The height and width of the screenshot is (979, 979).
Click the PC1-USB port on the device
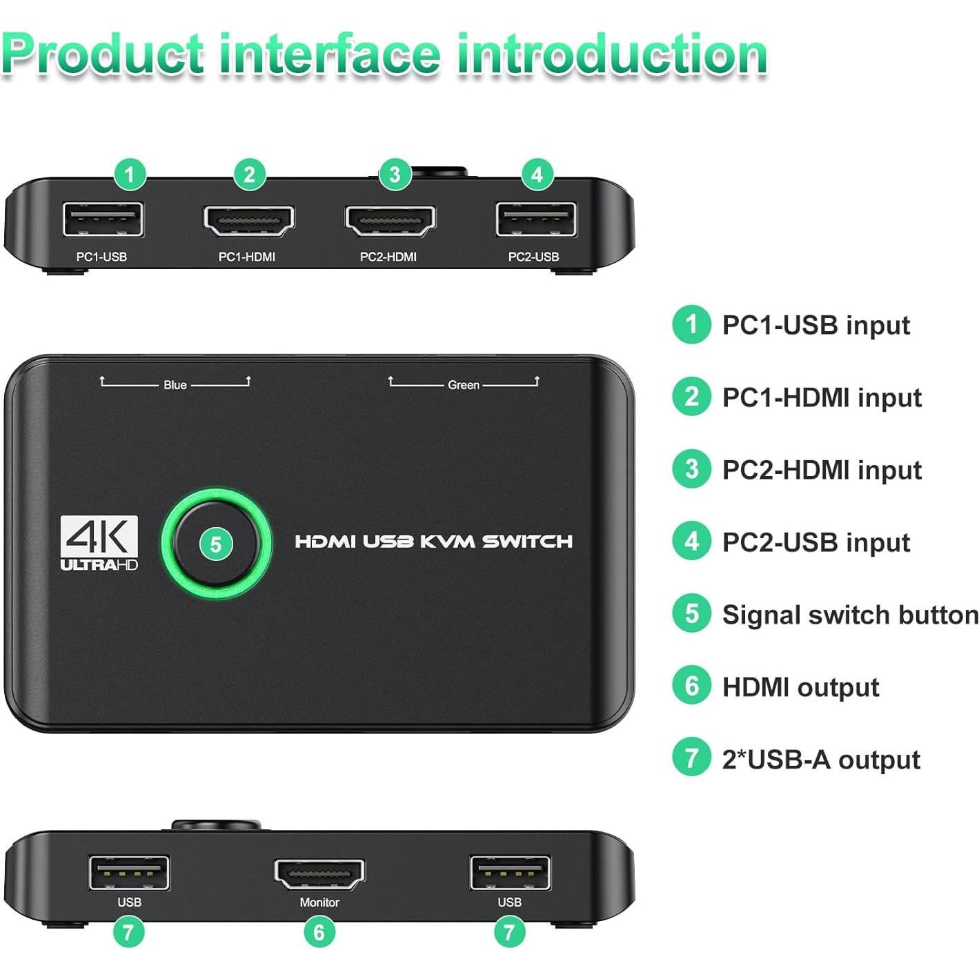(103, 220)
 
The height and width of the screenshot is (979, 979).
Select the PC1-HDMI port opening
(248, 221)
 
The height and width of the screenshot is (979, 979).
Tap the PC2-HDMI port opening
(390, 221)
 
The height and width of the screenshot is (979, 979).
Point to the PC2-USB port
(535, 220)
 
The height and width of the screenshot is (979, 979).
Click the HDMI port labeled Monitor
(319, 874)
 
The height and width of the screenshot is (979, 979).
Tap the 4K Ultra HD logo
(99, 544)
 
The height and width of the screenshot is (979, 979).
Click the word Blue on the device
(175, 385)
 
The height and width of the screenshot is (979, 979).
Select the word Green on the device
(463, 385)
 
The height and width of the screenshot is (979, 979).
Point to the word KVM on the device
(448, 542)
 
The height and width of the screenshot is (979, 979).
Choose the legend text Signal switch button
(850, 615)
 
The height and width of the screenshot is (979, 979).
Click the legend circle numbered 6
(691, 686)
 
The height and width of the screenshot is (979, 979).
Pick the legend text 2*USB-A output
(821, 760)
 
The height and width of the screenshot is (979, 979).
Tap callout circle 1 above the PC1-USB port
(130, 173)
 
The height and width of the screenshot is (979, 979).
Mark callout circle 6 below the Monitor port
(319, 933)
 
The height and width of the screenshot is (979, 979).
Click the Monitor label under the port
(319, 902)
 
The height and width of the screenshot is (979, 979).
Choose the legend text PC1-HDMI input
(822, 397)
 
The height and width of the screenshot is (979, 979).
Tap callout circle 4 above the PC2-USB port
(537, 173)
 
